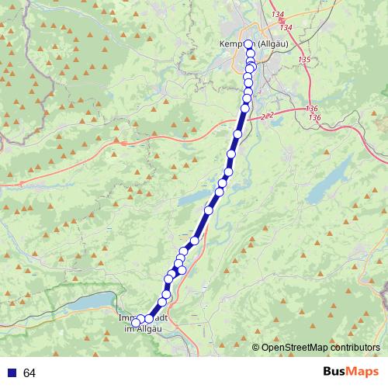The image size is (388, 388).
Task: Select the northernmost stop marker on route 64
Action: pos(248,45)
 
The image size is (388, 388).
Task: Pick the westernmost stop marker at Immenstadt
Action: pos(135,322)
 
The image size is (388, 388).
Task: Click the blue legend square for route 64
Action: pos(12,373)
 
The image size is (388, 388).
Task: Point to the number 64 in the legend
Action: pos(29,373)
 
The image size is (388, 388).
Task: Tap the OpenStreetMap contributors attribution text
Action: pos(320,348)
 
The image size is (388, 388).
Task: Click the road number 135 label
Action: pos(304,60)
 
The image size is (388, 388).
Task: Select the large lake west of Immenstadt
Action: pos(92,302)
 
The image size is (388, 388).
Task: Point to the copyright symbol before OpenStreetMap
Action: pos(255,348)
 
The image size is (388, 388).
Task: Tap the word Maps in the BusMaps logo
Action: pos(363,372)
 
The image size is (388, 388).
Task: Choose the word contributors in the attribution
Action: pos(354,348)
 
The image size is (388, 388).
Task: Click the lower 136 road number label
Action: pos(314,116)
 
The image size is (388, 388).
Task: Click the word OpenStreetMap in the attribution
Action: pos(293,348)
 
